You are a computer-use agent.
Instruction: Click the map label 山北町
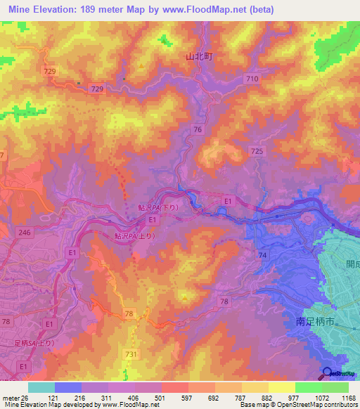(199, 57)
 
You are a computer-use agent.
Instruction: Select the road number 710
(252, 81)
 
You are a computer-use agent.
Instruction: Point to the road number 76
(198, 129)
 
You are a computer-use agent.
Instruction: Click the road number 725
(257, 151)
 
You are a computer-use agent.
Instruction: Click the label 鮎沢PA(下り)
(158, 209)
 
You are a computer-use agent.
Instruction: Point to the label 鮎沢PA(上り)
(136, 237)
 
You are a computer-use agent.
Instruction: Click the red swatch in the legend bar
(175, 387)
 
